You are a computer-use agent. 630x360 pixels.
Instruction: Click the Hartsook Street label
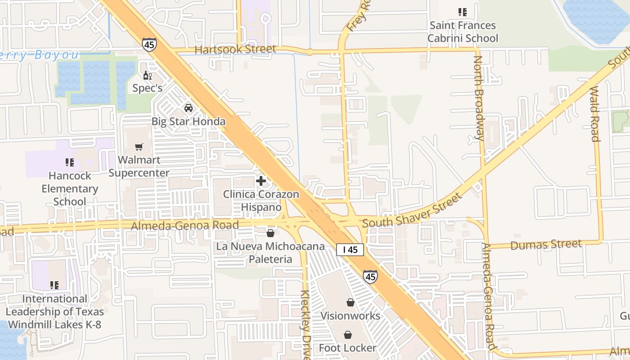(x=235, y=49)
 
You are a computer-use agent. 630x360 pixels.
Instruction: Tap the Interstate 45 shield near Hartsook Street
(x=149, y=44)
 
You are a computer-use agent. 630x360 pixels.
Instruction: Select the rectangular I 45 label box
(x=350, y=250)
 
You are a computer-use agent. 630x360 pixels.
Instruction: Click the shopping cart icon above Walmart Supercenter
(x=139, y=147)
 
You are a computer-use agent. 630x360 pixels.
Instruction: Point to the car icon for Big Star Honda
(x=189, y=108)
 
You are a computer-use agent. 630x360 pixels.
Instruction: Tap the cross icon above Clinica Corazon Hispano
(x=261, y=181)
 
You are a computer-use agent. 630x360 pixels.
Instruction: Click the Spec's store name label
(x=147, y=88)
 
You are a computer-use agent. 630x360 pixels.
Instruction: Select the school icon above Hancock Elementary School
(x=69, y=162)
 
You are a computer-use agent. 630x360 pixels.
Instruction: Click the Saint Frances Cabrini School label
(x=463, y=31)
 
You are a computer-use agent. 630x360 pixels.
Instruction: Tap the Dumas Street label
(x=546, y=245)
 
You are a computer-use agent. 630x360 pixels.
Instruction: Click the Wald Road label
(x=595, y=114)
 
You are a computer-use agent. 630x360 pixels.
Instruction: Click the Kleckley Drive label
(x=306, y=324)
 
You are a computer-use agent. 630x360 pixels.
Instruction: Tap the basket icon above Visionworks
(x=350, y=302)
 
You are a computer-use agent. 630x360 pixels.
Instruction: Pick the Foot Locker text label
(x=347, y=348)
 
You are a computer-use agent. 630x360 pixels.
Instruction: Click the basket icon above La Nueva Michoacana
(x=270, y=233)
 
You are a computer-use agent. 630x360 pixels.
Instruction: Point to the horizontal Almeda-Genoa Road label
(x=184, y=225)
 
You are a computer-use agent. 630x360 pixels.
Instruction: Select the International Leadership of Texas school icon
(x=54, y=285)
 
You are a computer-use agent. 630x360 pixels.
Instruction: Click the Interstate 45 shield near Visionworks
(x=370, y=276)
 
